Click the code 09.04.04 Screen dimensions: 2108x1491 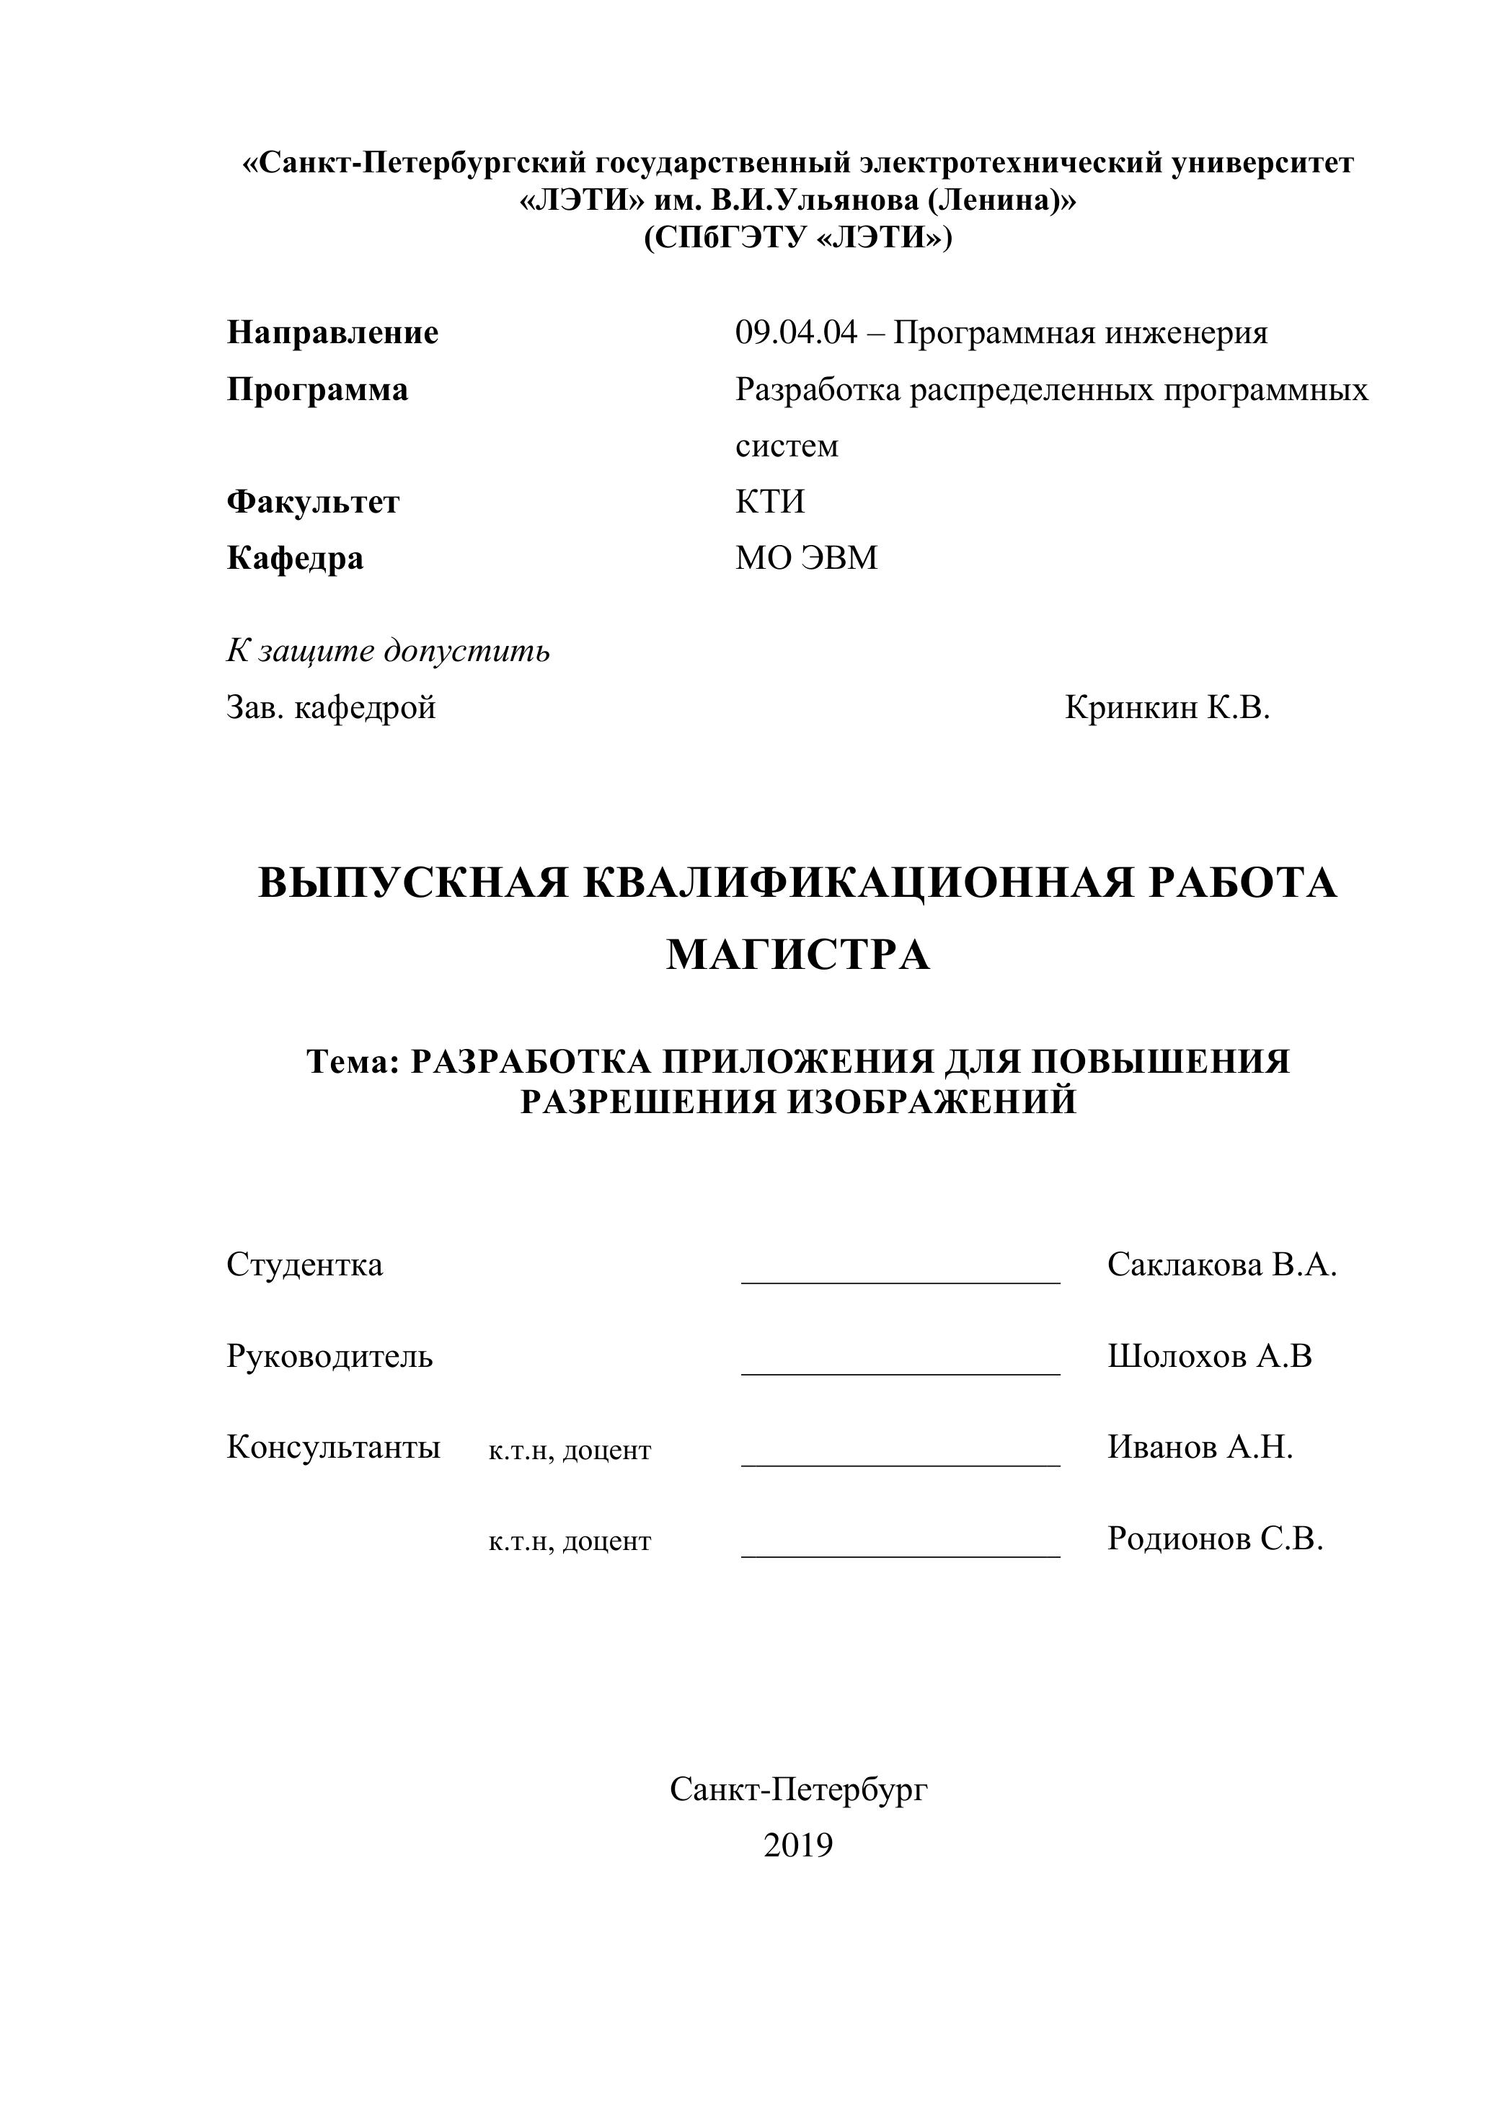click(796, 333)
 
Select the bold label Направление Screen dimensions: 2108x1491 click(332, 333)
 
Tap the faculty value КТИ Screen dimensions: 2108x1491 click(769, 502)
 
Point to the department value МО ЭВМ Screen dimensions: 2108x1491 click(806, 558)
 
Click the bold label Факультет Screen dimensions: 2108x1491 click(313, 502)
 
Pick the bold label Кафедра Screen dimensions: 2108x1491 click(295, 558)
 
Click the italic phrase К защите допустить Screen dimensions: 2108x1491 click(389, 651)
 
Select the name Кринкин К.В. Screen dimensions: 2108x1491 click(1167, 708)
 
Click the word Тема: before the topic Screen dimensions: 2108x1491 click(353, 1062)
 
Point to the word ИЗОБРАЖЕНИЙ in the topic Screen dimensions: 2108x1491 click(932, 1101)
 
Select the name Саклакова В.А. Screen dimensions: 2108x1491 click(1222, 1265)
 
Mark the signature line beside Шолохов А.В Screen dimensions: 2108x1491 click(901, 1373)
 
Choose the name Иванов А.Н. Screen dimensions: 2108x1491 click(1200, 1448)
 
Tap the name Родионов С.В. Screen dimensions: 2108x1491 click(1216, 1538)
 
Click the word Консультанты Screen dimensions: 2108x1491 click(333, 1448)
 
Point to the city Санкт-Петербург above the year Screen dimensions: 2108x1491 click(799, 1789)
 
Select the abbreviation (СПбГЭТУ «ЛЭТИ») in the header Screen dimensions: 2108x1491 click(798, 239)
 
